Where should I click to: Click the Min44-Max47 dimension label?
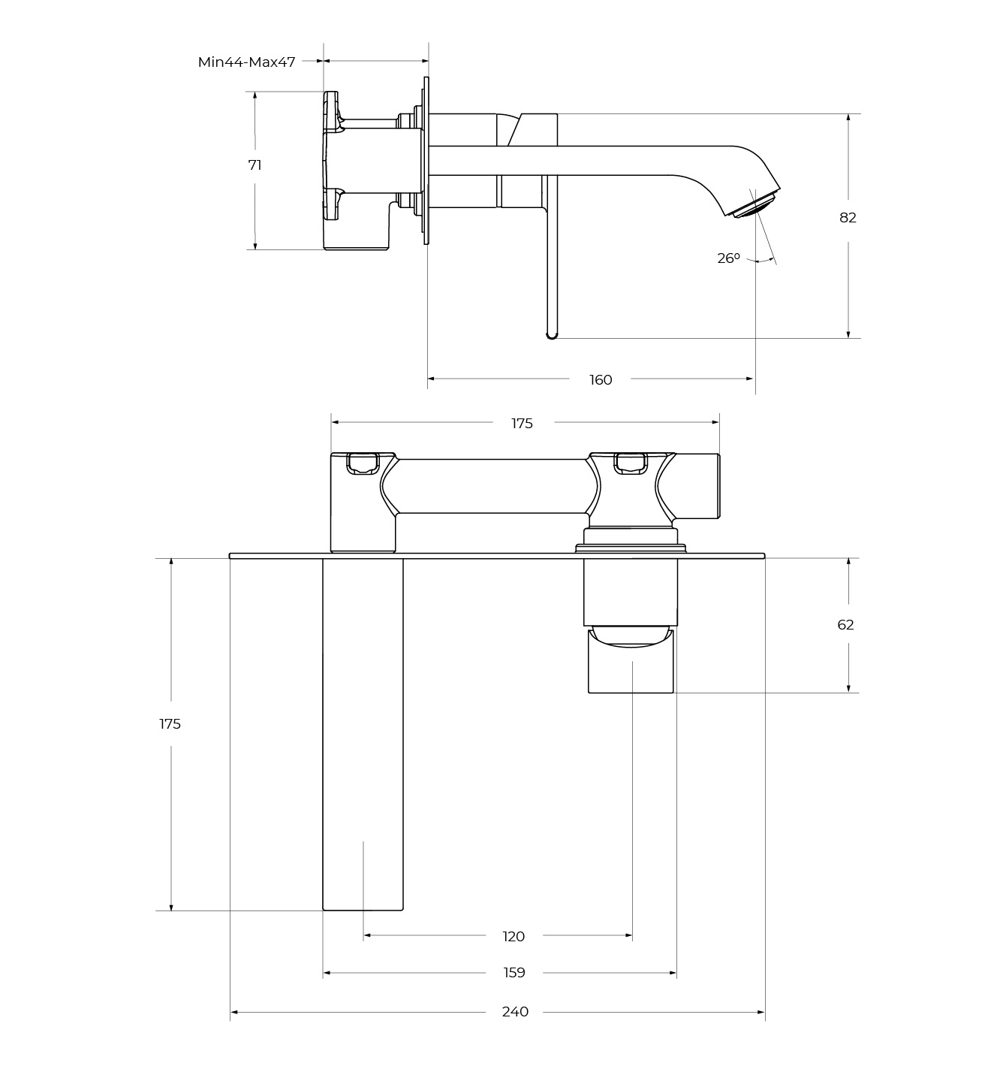click(246, 62)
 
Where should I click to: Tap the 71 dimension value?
click(255, 165)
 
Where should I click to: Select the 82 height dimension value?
click(848, 218)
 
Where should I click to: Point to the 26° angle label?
click(728, 258)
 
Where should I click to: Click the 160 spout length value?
click(601, 380)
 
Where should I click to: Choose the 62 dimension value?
click(845, 625)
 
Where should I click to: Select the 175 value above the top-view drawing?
click(523, 423)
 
